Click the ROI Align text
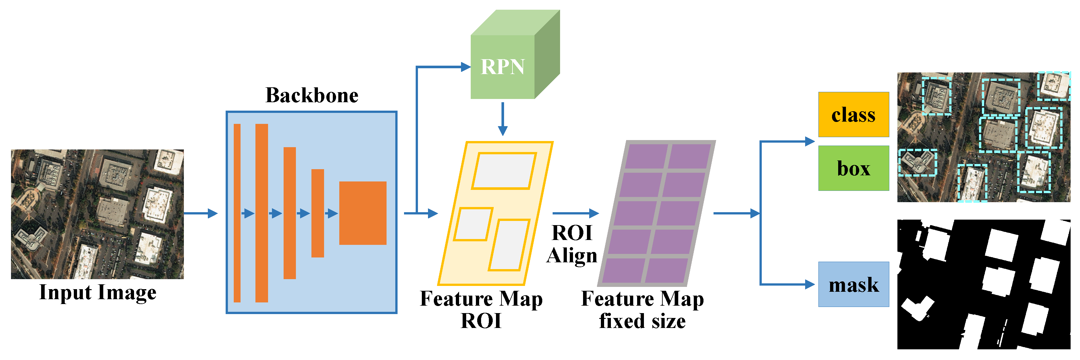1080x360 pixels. (572, 244)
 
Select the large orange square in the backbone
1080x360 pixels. (362, 213)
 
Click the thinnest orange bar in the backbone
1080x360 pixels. (237, 213)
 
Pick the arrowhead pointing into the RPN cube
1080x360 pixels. (465, 67)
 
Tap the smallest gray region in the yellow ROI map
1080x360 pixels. (473, 224)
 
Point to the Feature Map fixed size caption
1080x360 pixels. (642, 310)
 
